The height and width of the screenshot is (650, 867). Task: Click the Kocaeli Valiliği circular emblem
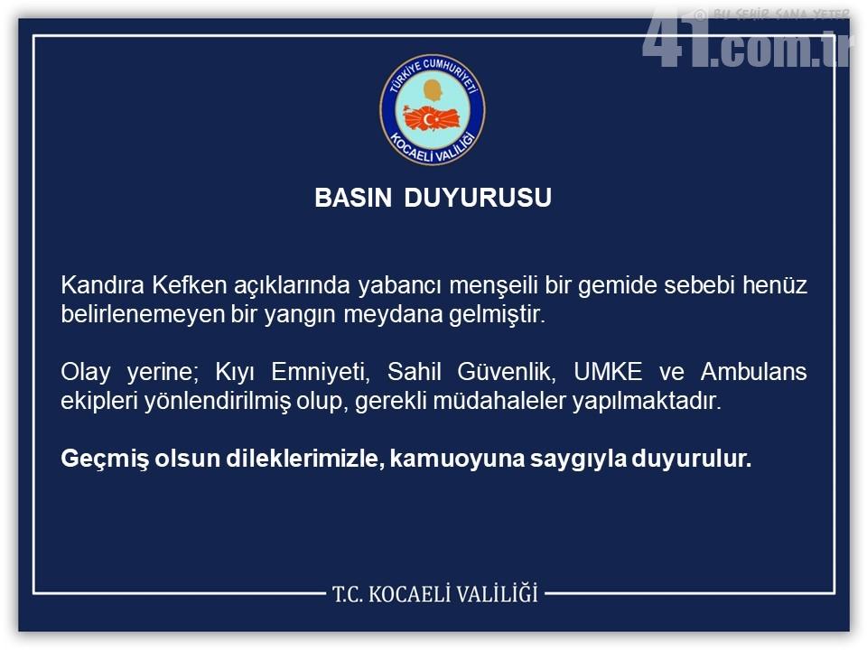[433, 110]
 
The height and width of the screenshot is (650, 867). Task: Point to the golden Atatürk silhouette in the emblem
[433, 90]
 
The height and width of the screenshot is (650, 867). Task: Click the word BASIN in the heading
[353, 198]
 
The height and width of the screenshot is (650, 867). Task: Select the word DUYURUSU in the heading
[478, 198]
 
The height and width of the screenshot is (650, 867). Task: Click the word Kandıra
[102, 285]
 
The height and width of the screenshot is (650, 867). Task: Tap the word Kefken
[189, 285]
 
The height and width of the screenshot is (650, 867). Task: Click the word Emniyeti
[320, 371]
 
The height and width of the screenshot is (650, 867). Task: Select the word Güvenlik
[506, 371]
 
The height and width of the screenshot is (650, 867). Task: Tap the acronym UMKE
[608, 371]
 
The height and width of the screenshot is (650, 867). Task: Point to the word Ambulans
[753, 371]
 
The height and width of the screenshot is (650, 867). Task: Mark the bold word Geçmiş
[105, 460]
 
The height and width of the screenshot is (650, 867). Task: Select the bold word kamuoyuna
[457, 460]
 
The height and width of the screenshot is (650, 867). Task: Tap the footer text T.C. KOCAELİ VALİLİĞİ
[435, 594]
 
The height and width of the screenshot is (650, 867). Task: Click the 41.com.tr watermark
[747, 39]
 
